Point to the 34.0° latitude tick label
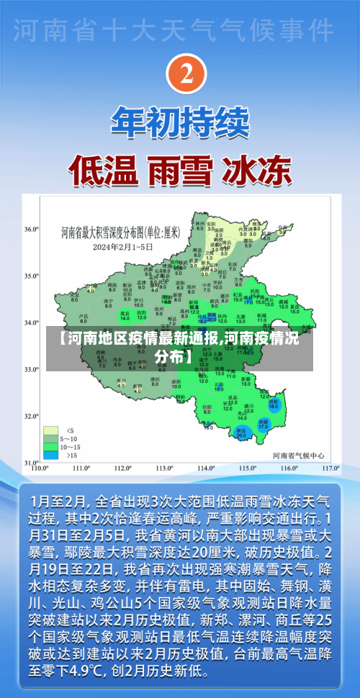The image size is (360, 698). (31, 322)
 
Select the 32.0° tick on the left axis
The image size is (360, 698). (31, 417)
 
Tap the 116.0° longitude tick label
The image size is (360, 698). (289, 468)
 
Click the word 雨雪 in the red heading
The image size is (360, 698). (179, 170)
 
